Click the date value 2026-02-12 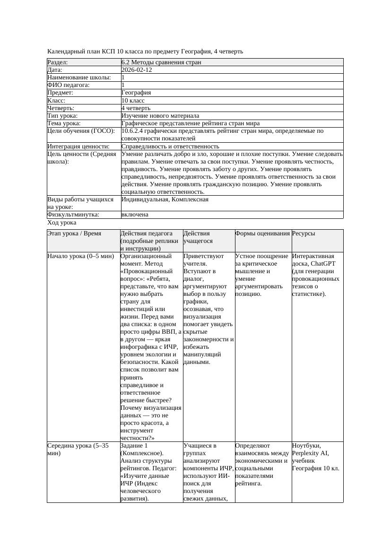[136, 69]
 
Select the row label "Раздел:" [58, 62]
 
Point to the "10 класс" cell [133, 100]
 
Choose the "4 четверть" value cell [136, 108]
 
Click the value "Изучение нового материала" [160, 115]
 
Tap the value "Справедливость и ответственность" [170, 147]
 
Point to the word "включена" [135, 215]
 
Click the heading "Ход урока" [62, 222]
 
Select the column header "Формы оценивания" [262, 233]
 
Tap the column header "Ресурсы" [304, 233]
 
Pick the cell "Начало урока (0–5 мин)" [81, 256]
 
